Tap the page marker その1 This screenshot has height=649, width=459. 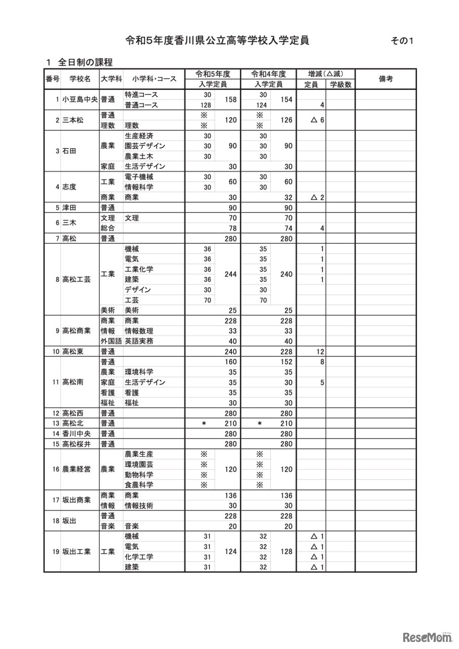coord(402,42)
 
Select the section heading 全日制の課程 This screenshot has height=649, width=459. coord(85,62)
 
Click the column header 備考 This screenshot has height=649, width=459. coord(385,79)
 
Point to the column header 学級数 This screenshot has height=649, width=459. coord(341,85)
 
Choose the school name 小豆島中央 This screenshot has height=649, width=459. coord(80,100)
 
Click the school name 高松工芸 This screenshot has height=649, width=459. coord(77,279)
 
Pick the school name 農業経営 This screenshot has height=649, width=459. coord(77,470)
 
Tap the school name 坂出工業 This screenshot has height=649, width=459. coord(77,552)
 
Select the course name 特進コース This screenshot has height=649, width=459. coord(141,95)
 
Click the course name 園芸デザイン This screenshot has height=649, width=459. coord(145,146)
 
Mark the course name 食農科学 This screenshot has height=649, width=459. coord(139,485)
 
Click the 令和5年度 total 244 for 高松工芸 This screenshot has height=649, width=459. coord(231,274)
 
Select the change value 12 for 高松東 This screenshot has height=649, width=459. coord(321,351)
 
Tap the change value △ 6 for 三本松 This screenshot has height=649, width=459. coord(317,120)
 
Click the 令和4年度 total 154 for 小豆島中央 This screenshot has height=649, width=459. coord(286,100)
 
